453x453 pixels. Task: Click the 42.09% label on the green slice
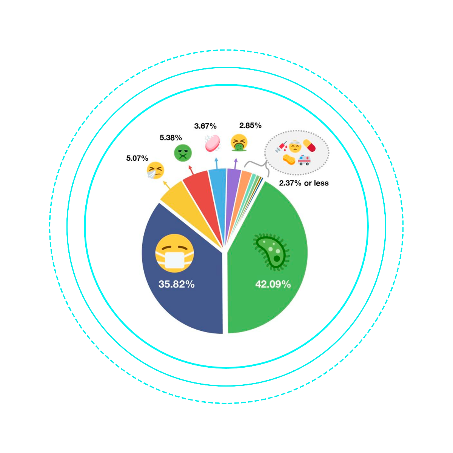click(273, 285)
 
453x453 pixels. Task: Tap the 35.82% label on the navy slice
click(176, 284)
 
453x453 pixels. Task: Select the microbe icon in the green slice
click(271, 252)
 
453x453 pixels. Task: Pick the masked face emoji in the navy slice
click(174, 253)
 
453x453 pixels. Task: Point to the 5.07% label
click(137, 158)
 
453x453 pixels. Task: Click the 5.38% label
click(171, 138)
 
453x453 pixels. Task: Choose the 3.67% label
click(205, 126)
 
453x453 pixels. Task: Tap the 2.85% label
click(250, 126)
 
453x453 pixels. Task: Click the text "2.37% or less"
click(304, 183)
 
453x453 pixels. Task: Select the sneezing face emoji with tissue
click(155, 170)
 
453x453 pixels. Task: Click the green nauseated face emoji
click(183, 153)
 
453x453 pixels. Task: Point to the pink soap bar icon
click(213, 143)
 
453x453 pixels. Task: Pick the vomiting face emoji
click(239, 143)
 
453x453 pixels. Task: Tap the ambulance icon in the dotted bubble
click(304, 160)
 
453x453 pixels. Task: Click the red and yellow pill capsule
click(309, 145)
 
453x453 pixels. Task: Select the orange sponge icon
click(289, 159)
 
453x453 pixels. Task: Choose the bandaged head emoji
click(295, 146)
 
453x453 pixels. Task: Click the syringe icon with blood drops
click(281, 146)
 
